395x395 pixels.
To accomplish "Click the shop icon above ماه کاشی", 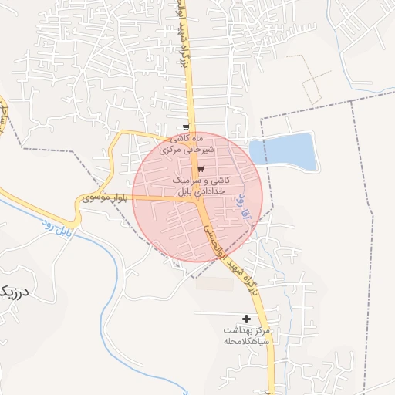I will pos(185,128).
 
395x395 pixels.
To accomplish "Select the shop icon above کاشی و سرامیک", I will pos(201,170).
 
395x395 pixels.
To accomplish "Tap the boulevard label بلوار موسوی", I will pos(106,198).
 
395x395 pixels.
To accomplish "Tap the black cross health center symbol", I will pos(247,319).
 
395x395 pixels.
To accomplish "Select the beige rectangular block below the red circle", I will pos(214,284).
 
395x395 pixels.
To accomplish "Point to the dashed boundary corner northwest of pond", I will pos(262,118).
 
